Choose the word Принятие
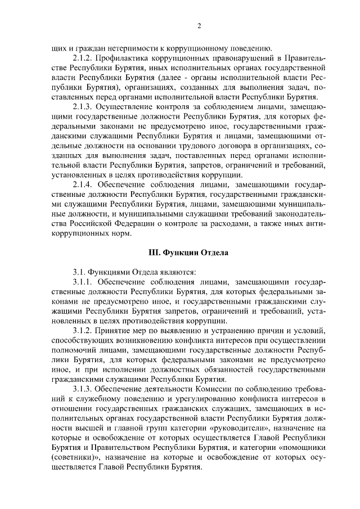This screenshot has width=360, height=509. point(116,331)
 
